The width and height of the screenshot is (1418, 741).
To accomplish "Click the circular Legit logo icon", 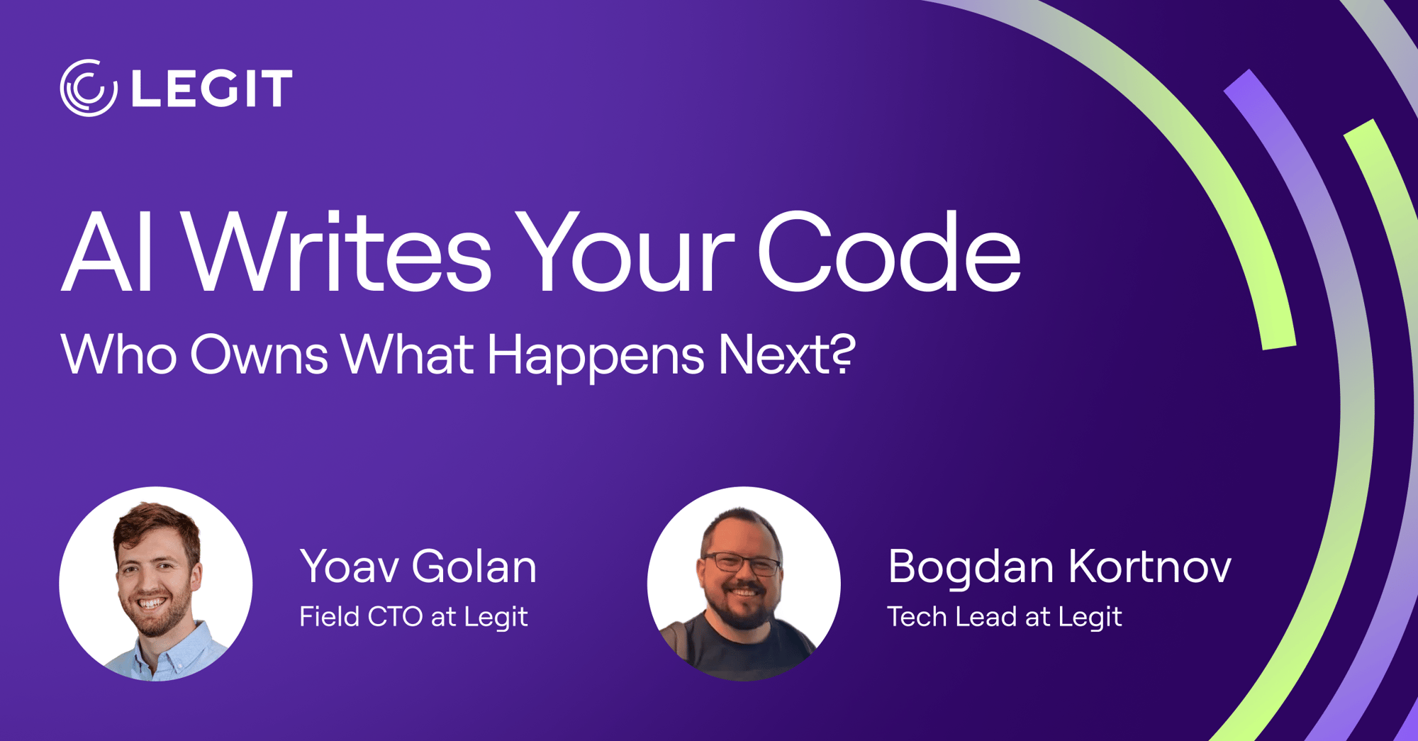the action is click(x=89, y=88).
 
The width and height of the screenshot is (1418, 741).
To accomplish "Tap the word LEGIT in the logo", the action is click(x=212, y=89).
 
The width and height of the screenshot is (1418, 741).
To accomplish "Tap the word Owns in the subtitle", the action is click(x=259, y=354).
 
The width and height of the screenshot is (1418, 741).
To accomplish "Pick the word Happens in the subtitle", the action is click(x=596, y=357).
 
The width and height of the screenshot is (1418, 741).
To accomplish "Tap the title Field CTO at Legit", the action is click(x=413, y=617).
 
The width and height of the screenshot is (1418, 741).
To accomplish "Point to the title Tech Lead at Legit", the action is click(x=1005, y=617).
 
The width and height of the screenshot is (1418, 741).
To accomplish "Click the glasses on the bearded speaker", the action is click(x=741, y=564).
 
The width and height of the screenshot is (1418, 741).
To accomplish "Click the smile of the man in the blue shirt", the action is click(x=151, y=604).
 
